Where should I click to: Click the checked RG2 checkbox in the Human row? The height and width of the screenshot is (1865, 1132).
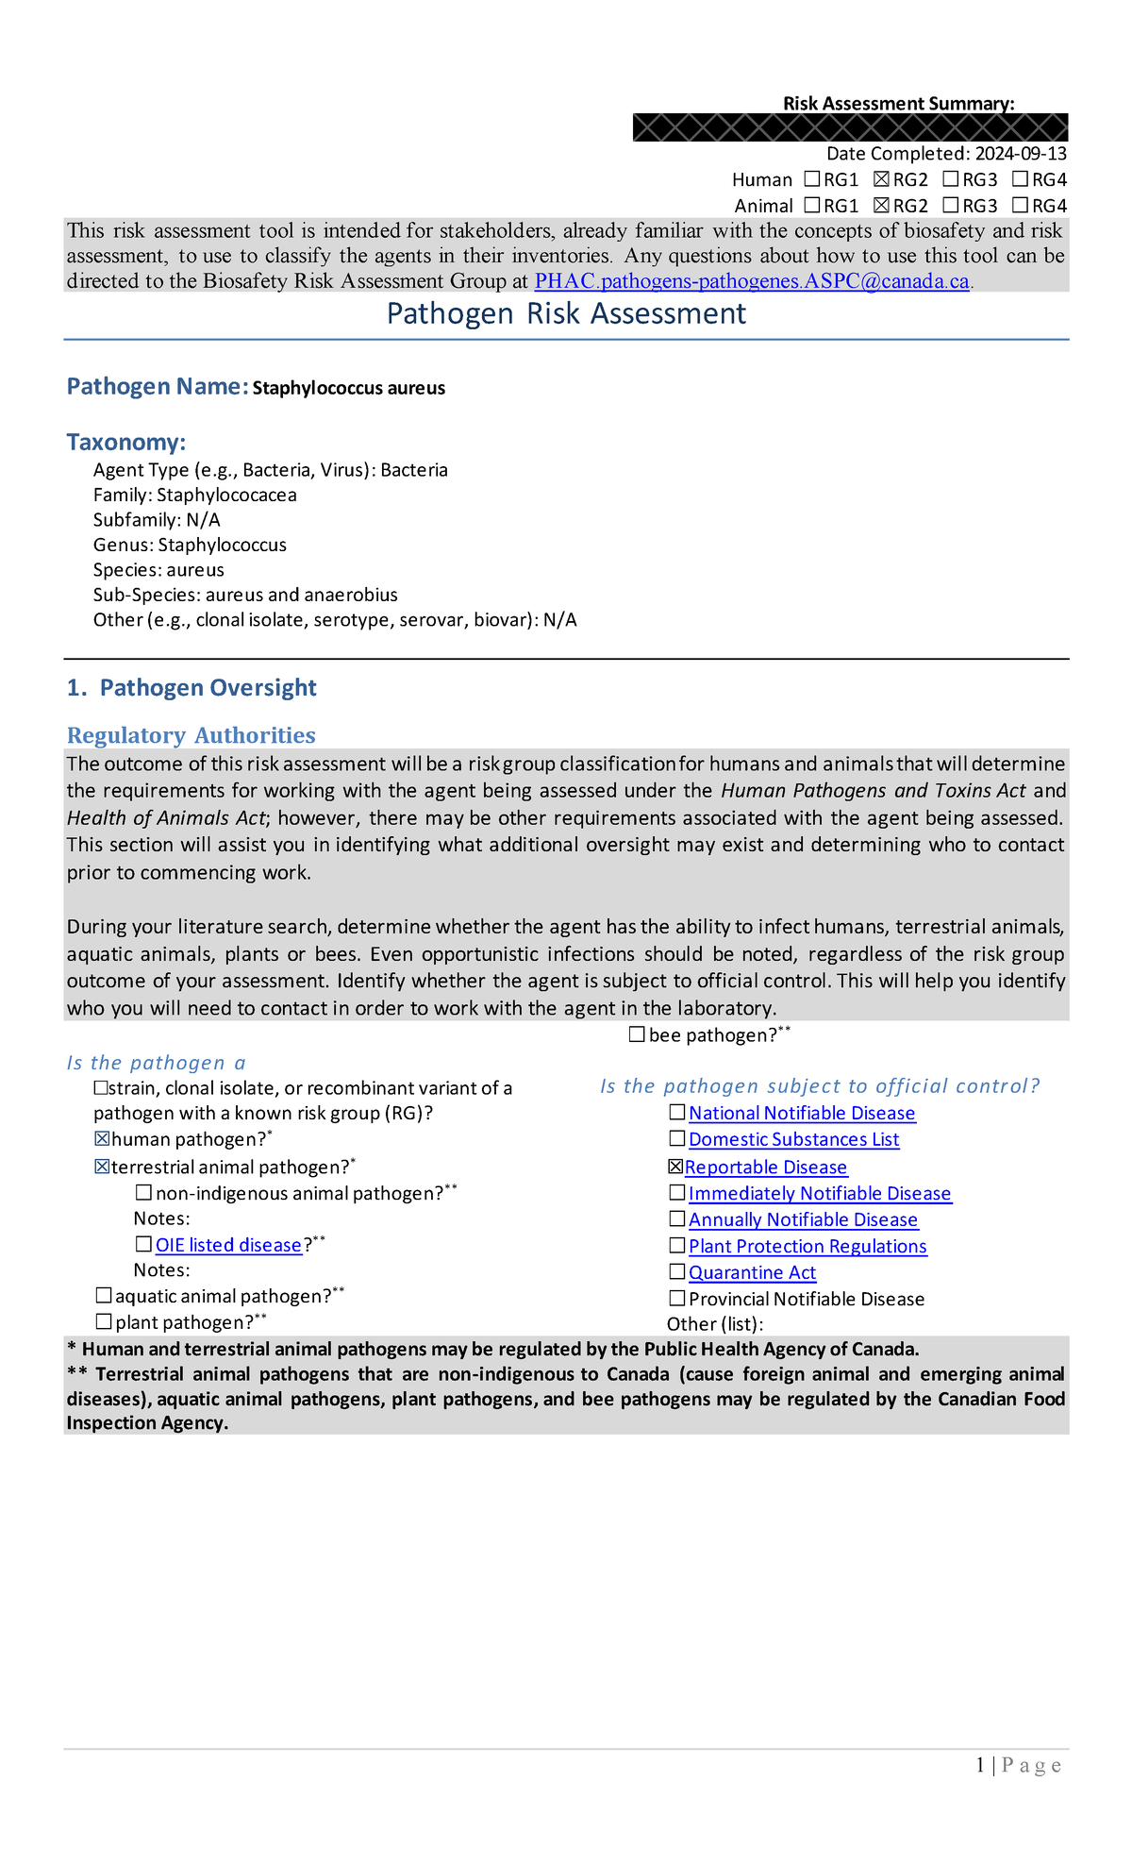pos(881,179)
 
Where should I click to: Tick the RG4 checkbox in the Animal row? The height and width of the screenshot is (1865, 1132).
pos(1020,205)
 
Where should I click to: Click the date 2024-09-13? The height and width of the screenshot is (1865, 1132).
pos(1021,154)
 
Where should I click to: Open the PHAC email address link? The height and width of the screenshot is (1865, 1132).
pos(752,281)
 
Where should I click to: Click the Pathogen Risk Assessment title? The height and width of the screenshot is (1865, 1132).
pos(566,313)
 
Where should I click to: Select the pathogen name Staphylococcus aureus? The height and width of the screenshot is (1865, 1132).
pos(348,388)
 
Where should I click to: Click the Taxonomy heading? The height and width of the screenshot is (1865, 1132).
pos(125,442)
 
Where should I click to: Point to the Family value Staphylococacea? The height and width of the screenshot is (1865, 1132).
pos(226,496)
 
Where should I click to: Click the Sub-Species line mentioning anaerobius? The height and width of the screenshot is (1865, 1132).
pos(245,596)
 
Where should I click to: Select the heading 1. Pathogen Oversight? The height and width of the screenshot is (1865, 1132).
pos(191,688)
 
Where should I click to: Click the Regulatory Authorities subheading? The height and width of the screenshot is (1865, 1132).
pos(191,735)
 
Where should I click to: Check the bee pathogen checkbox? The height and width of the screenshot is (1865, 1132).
pos(637,1035)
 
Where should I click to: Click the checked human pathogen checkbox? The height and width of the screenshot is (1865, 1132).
pos(102,1139)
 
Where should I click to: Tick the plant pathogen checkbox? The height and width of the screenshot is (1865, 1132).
pos(104,1322)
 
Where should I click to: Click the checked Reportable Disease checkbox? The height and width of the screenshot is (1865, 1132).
pos(675,1168)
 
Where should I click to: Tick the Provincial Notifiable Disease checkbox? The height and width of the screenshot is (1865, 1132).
pos(676,1299)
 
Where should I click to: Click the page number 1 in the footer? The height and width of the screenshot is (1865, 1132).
pos(981,1765)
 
